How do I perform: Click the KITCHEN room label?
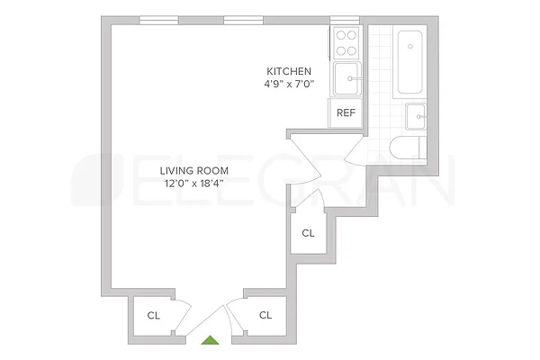[289, 71]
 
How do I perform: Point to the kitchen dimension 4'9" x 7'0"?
[289, 85]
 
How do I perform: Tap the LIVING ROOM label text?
[194, 170]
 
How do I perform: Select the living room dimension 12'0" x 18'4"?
[194, 184]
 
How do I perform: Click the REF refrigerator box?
[346, 113]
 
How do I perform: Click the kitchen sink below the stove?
[347, 79]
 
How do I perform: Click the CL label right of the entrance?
[265, 315]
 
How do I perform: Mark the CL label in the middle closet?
[309, 233]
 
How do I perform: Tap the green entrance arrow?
[211, 340]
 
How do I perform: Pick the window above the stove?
[345, 21]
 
